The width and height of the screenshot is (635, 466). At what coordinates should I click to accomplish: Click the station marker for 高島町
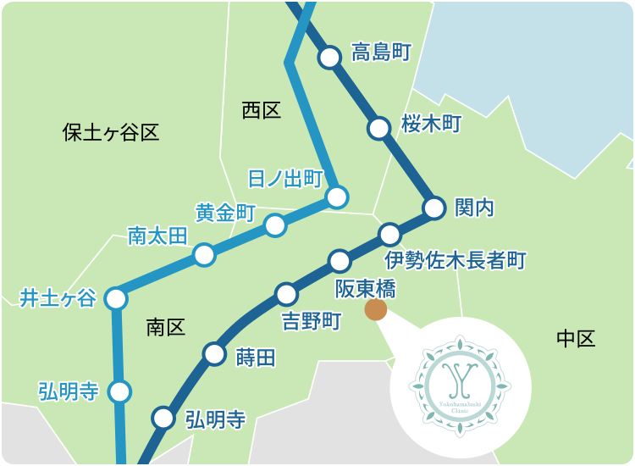point(329,58)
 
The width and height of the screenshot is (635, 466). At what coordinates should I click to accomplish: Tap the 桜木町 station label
point(430,125)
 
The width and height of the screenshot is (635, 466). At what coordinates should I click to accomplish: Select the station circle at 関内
point(434,208)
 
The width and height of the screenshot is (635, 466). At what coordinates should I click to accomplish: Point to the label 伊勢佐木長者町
point(456,259)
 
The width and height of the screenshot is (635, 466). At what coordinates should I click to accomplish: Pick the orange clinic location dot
point(375,310)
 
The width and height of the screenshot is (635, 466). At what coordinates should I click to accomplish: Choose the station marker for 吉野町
point(287,295)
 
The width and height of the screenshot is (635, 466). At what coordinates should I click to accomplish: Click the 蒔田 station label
point(256,358)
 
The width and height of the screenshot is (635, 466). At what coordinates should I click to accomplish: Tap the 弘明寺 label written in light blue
point(69,391)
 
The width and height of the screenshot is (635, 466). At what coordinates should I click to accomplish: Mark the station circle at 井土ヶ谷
point(116,298)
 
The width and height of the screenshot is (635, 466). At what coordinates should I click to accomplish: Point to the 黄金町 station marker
point(275,225)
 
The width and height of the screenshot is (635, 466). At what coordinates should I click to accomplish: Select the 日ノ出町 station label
point(285,180)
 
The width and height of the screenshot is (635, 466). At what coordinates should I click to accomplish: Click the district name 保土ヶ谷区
point(111,132)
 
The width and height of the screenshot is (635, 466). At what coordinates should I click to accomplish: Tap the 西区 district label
point(261,110)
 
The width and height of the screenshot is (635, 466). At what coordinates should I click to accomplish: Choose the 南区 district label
point(165,327)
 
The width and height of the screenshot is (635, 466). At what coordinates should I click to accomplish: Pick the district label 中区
point(576,339)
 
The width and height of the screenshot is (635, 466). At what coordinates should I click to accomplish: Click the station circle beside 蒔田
point(215,354)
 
